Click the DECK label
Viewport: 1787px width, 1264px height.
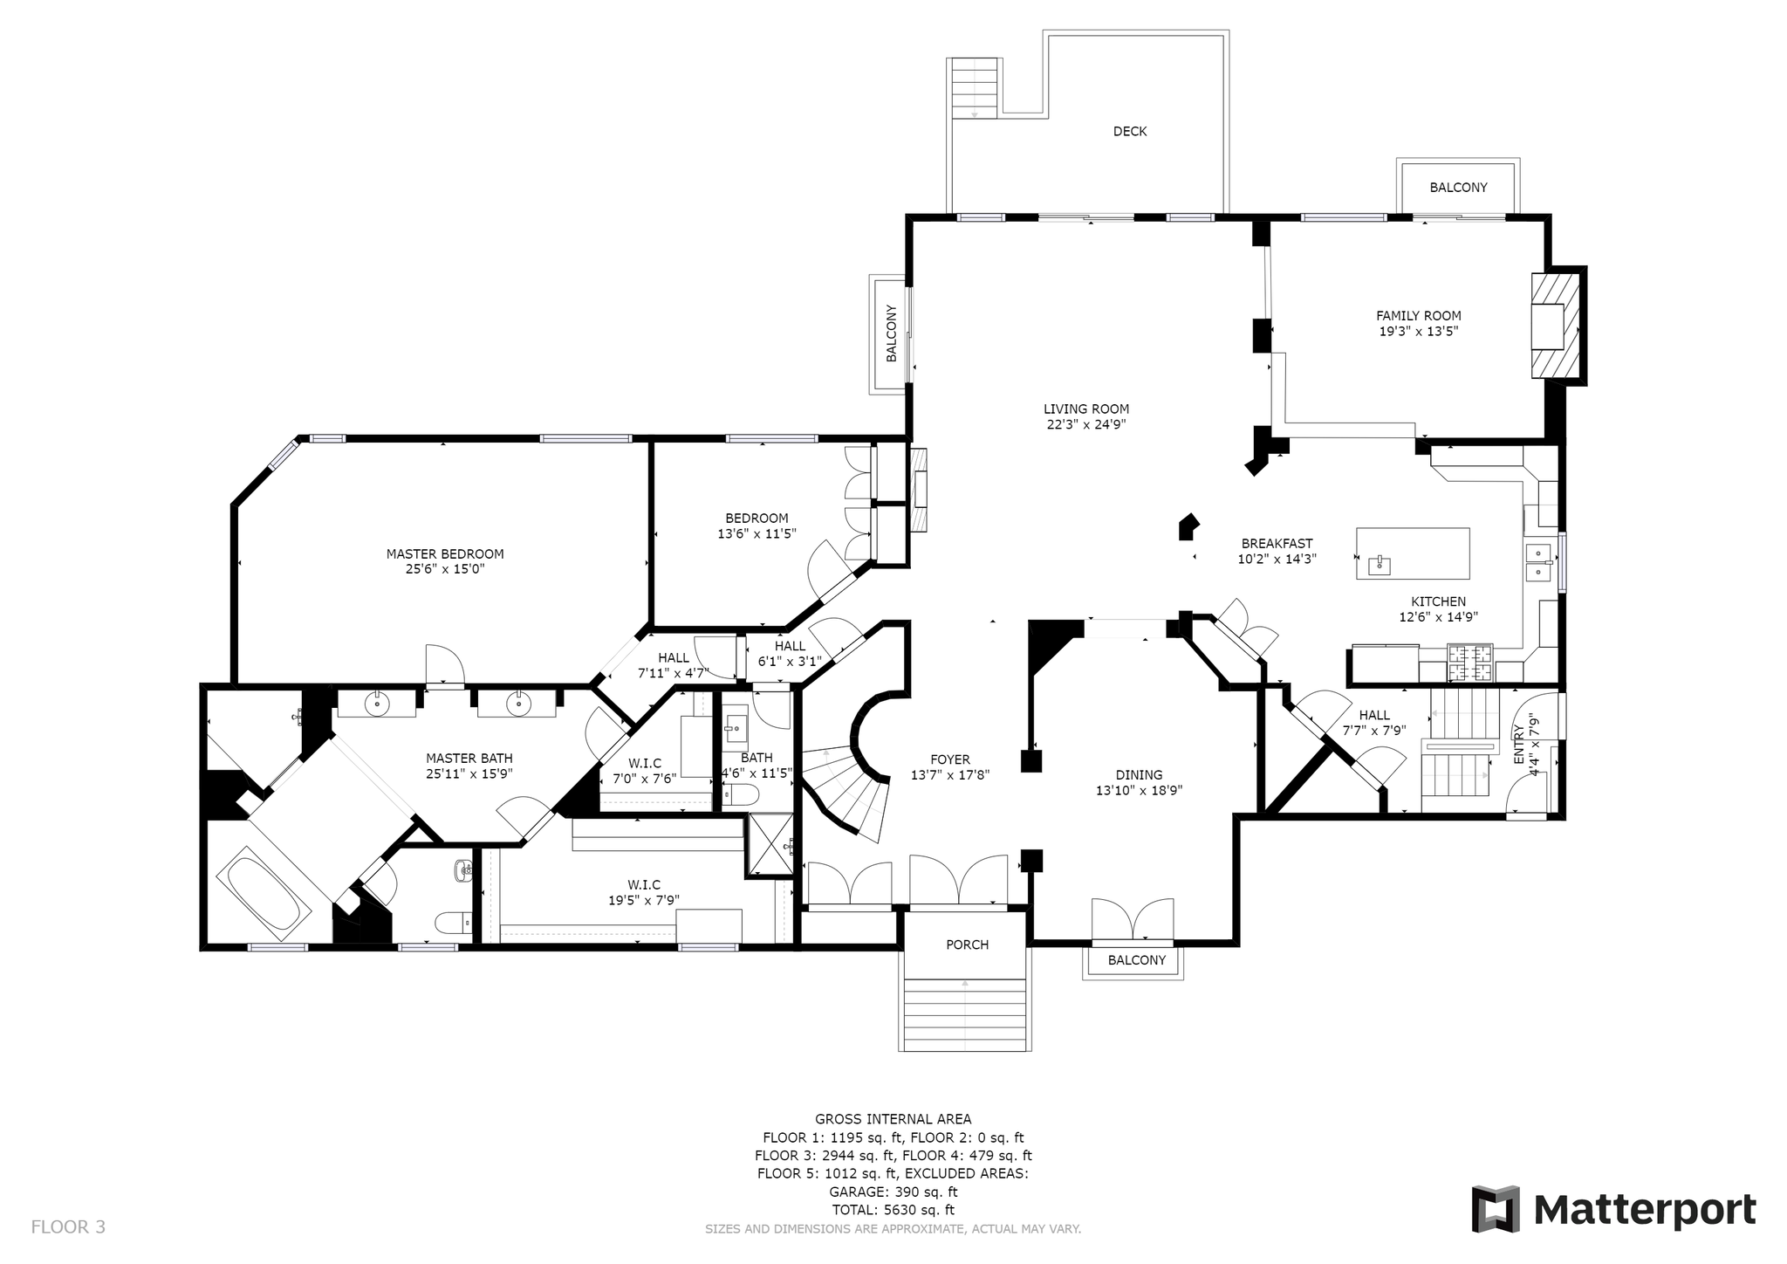point(1129,131)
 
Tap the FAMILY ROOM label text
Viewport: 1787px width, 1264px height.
point(1418,316)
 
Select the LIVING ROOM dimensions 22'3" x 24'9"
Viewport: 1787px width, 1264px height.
point(1086,425)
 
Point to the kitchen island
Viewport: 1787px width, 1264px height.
point(1413,553)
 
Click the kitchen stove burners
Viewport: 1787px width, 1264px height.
point(1470,663)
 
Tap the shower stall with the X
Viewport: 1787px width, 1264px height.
point(769,844)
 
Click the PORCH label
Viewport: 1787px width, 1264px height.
point(967,945)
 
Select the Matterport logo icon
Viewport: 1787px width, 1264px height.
point(1496,1209)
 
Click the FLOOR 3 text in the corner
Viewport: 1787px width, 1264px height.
point(68,1226)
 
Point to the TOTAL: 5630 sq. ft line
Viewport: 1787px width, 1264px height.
point(893,1210)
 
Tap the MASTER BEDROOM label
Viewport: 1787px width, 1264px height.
point(445,553)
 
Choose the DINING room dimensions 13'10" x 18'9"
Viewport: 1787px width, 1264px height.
point(1139,791)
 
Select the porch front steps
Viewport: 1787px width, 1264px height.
point(965,1014)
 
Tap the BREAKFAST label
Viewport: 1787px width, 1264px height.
point(1277,544)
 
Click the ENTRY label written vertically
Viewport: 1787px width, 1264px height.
point(1518,745)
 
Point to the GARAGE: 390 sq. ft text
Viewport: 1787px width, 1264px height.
point(893,1192)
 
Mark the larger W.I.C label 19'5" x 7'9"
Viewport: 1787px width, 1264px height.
point(644,892)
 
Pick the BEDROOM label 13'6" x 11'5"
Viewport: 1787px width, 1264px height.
point(757,526)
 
